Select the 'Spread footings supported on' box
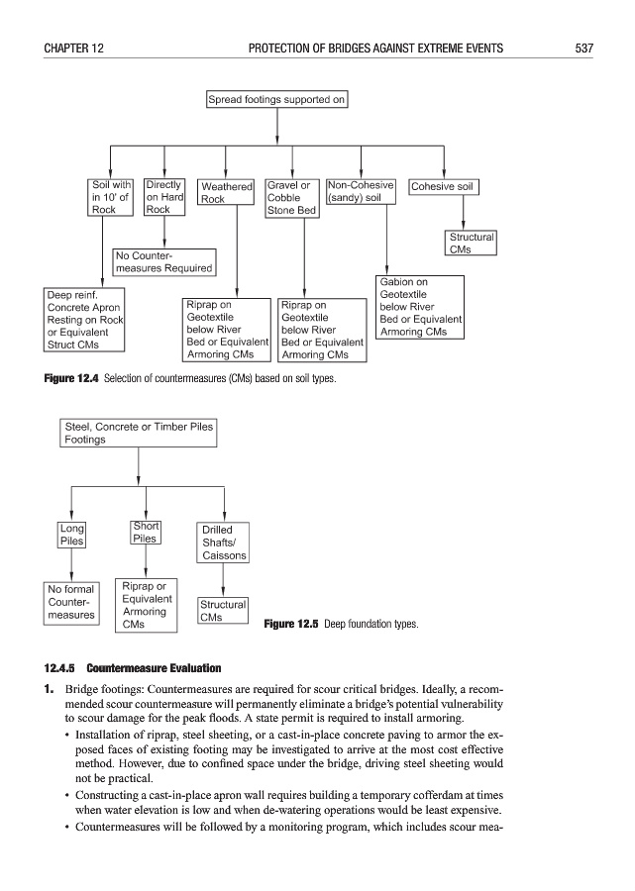click(x=276, y=99)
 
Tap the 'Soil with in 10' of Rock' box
click(x=110, y=197)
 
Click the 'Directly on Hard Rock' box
click(x=164, y=197)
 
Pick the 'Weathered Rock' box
click(x=227, y=192)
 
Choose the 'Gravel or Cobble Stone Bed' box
click(x=292, y=198)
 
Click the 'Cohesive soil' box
click(x=443, y=186)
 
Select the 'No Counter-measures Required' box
click(x=162, y=261)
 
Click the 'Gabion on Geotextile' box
click(x=421, y=307)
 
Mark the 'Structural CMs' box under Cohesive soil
click(x=471, y=244)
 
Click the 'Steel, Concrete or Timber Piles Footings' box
click(x=138, y=433)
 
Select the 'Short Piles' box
click(x=146, y=533)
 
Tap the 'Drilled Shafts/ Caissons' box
click(x=223, y=543)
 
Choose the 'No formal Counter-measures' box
click(x=71, y=602)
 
